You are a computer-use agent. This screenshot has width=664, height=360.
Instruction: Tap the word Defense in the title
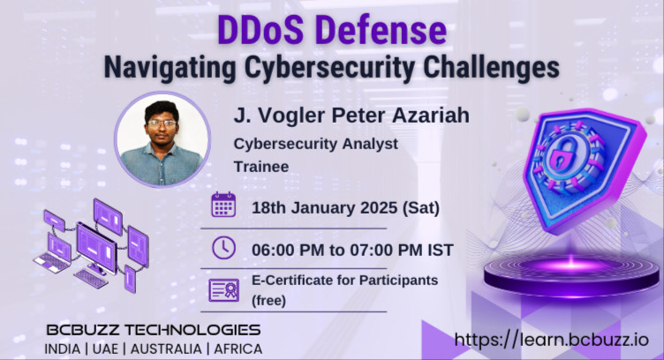pyautogui.click(x=380, y=30)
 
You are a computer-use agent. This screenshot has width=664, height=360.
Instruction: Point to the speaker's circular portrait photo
pyautogui.click(x=163, y=139)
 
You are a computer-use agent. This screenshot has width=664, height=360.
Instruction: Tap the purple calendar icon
pyautogui.click(x=224, y=206)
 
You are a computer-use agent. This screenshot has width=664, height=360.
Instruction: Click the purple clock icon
pyautogui.click(x=224, y=248)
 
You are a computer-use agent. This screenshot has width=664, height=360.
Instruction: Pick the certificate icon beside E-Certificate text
pyautogui.click(x=224, y=289)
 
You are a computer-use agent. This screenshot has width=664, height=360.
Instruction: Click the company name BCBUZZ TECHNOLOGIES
pyautogui.click(x=154, y=330)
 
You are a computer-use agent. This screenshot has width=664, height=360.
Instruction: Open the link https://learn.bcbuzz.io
pyautogui.click(x=551, y=340)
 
